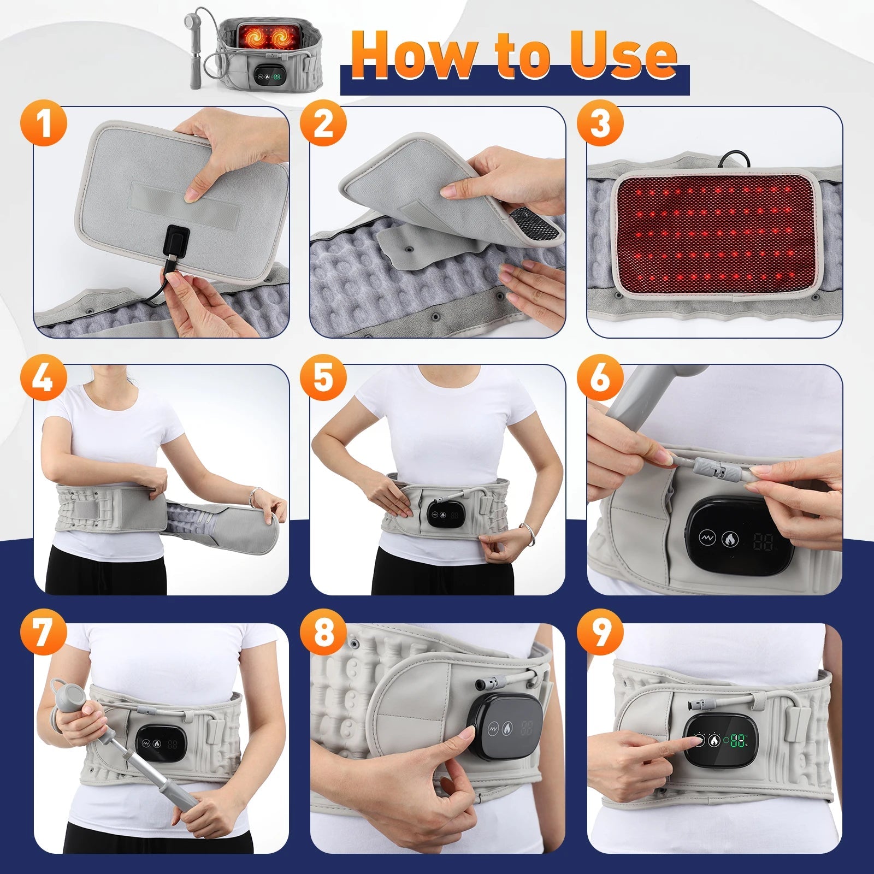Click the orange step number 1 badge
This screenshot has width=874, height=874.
[x=44, y=123]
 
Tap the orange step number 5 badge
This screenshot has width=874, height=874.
[x=323, y=379]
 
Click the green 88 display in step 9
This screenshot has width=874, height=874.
[x=738, y=741]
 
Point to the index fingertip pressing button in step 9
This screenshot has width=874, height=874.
[x=696, y=741]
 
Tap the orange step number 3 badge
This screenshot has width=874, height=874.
[x=600, y=123]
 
